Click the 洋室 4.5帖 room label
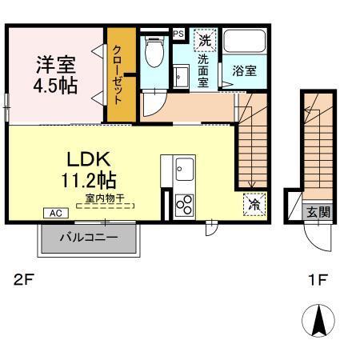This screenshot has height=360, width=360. pos(56,74)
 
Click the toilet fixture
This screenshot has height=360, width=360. pos(154,53)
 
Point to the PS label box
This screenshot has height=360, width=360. pos(178,34)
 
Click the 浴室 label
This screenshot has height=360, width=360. pos(243,71)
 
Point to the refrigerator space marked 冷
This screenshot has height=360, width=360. pos(254,205)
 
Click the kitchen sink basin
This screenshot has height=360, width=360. pos(184,169)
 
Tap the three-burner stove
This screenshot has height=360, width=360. pos(185,205)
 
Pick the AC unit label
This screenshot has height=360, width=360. pos(56,213)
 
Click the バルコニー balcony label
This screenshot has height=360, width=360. pos(89,238)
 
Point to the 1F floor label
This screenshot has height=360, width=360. pos(318,280)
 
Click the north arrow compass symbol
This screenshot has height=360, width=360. pos(318,322)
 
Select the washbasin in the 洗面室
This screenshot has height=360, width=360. pos(182,76)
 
